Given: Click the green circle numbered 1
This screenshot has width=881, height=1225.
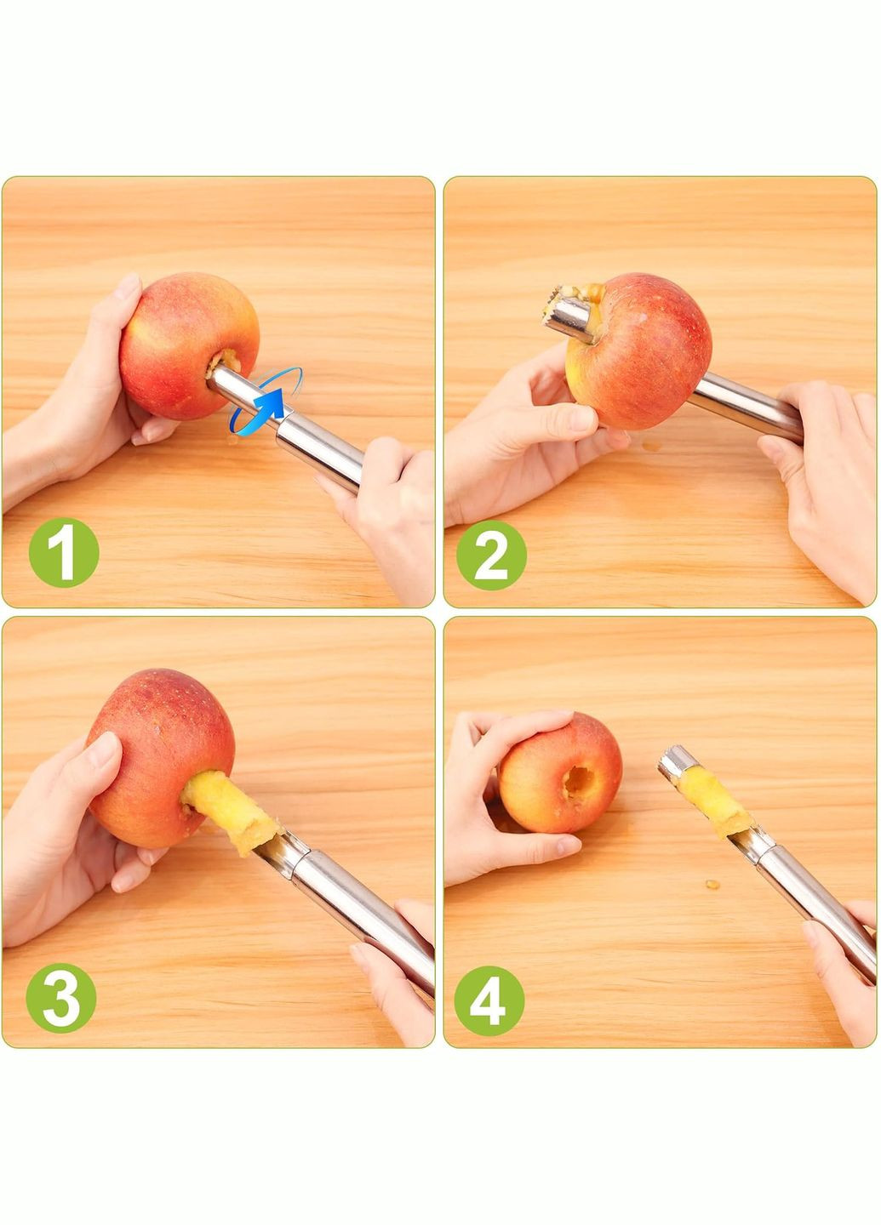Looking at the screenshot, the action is click(x=64, y=552).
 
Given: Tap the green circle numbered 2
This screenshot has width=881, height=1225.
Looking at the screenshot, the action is click(x=491, y=555).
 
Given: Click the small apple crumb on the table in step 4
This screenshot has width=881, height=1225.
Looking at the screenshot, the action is click(x=712, y=885).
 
